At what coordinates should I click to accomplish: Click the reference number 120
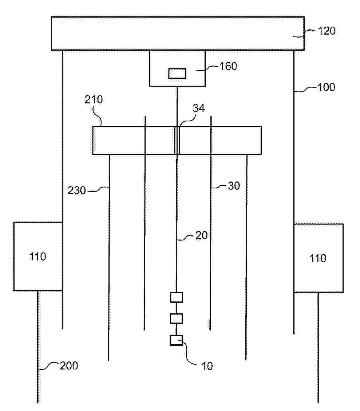(x=327, y=31)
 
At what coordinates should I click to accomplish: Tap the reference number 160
(x=228, y=66)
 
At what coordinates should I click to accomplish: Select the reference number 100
(x=326, y=87)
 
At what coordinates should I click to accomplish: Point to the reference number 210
(x=94, y=99)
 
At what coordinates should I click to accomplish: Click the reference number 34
(x=199, y=108)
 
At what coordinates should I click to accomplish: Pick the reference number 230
(x=76, y=190)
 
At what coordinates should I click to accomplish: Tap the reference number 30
(x=234, y=186)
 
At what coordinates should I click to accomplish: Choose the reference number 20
(x=201, y=235)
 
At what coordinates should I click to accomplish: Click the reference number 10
(x=207, y=366)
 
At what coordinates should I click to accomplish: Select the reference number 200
(x=69, y=366)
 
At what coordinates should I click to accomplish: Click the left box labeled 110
(x=38, y=257)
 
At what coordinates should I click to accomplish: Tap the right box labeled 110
(x=319, y=258)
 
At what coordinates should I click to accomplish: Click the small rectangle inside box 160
(x=177, y=73)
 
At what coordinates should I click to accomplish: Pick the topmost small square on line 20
(x=177, y=298)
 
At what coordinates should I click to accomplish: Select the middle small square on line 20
(x=177, y=319)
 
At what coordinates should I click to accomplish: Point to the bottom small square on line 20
(x=177, y=340)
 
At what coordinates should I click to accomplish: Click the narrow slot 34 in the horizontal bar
(x=177, y=140)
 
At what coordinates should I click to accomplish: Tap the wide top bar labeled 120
(x=178, y=33)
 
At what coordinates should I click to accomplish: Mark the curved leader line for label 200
(x=48, y=366)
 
